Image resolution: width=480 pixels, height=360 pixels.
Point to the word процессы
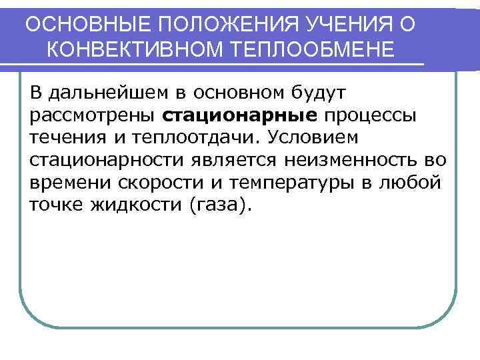point(359,115)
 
